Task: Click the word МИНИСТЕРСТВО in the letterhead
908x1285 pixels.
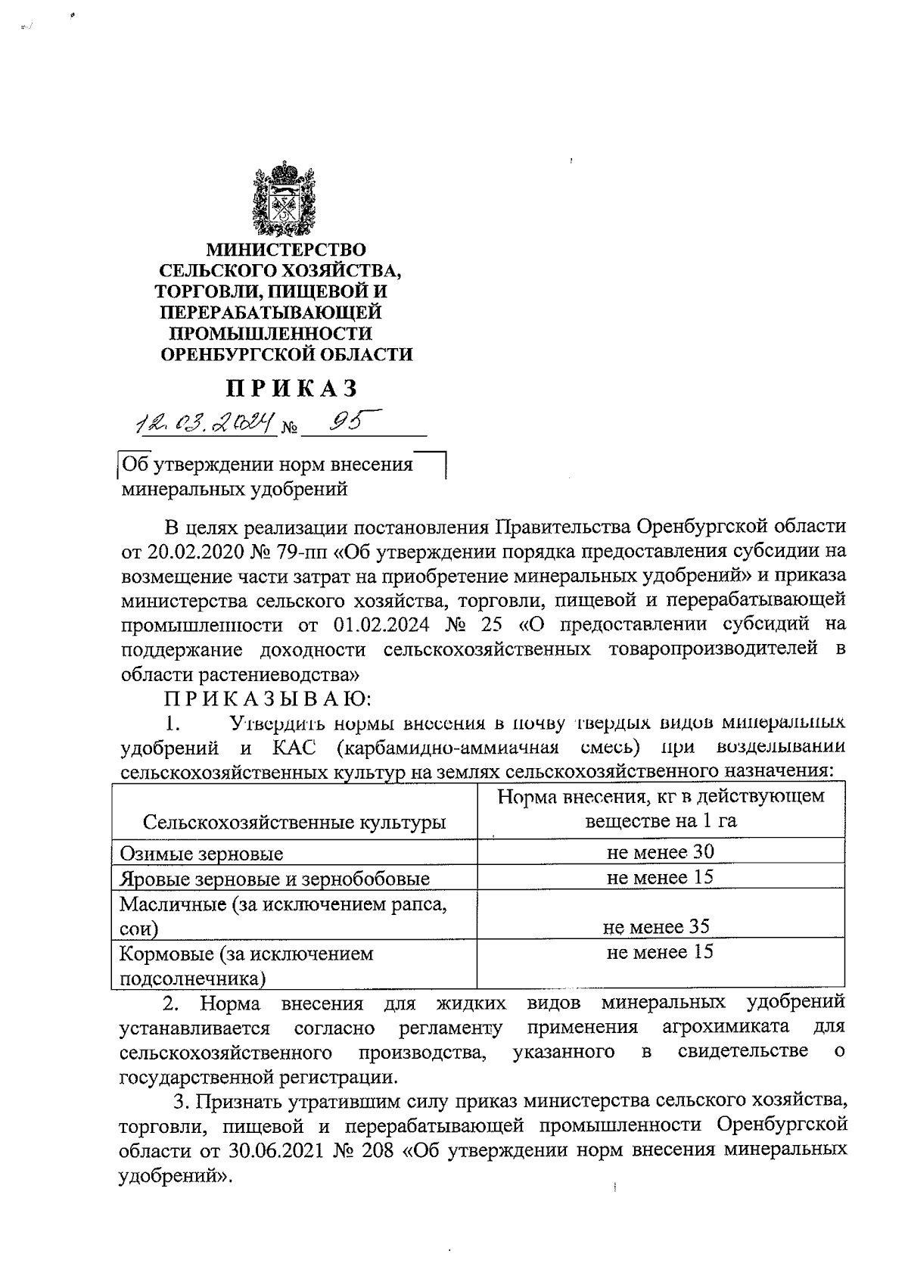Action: pyautogui.click(x=286, y=249)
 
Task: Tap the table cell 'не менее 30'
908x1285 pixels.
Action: pyautogui.click(x=660, y=852)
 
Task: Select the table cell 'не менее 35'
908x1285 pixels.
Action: pyautogui.click(x=657, y=926)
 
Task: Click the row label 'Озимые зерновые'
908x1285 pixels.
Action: pyautogui.click(x=201, y=854)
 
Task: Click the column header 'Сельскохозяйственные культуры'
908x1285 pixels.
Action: pyautogui.click(x=294, y=823)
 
